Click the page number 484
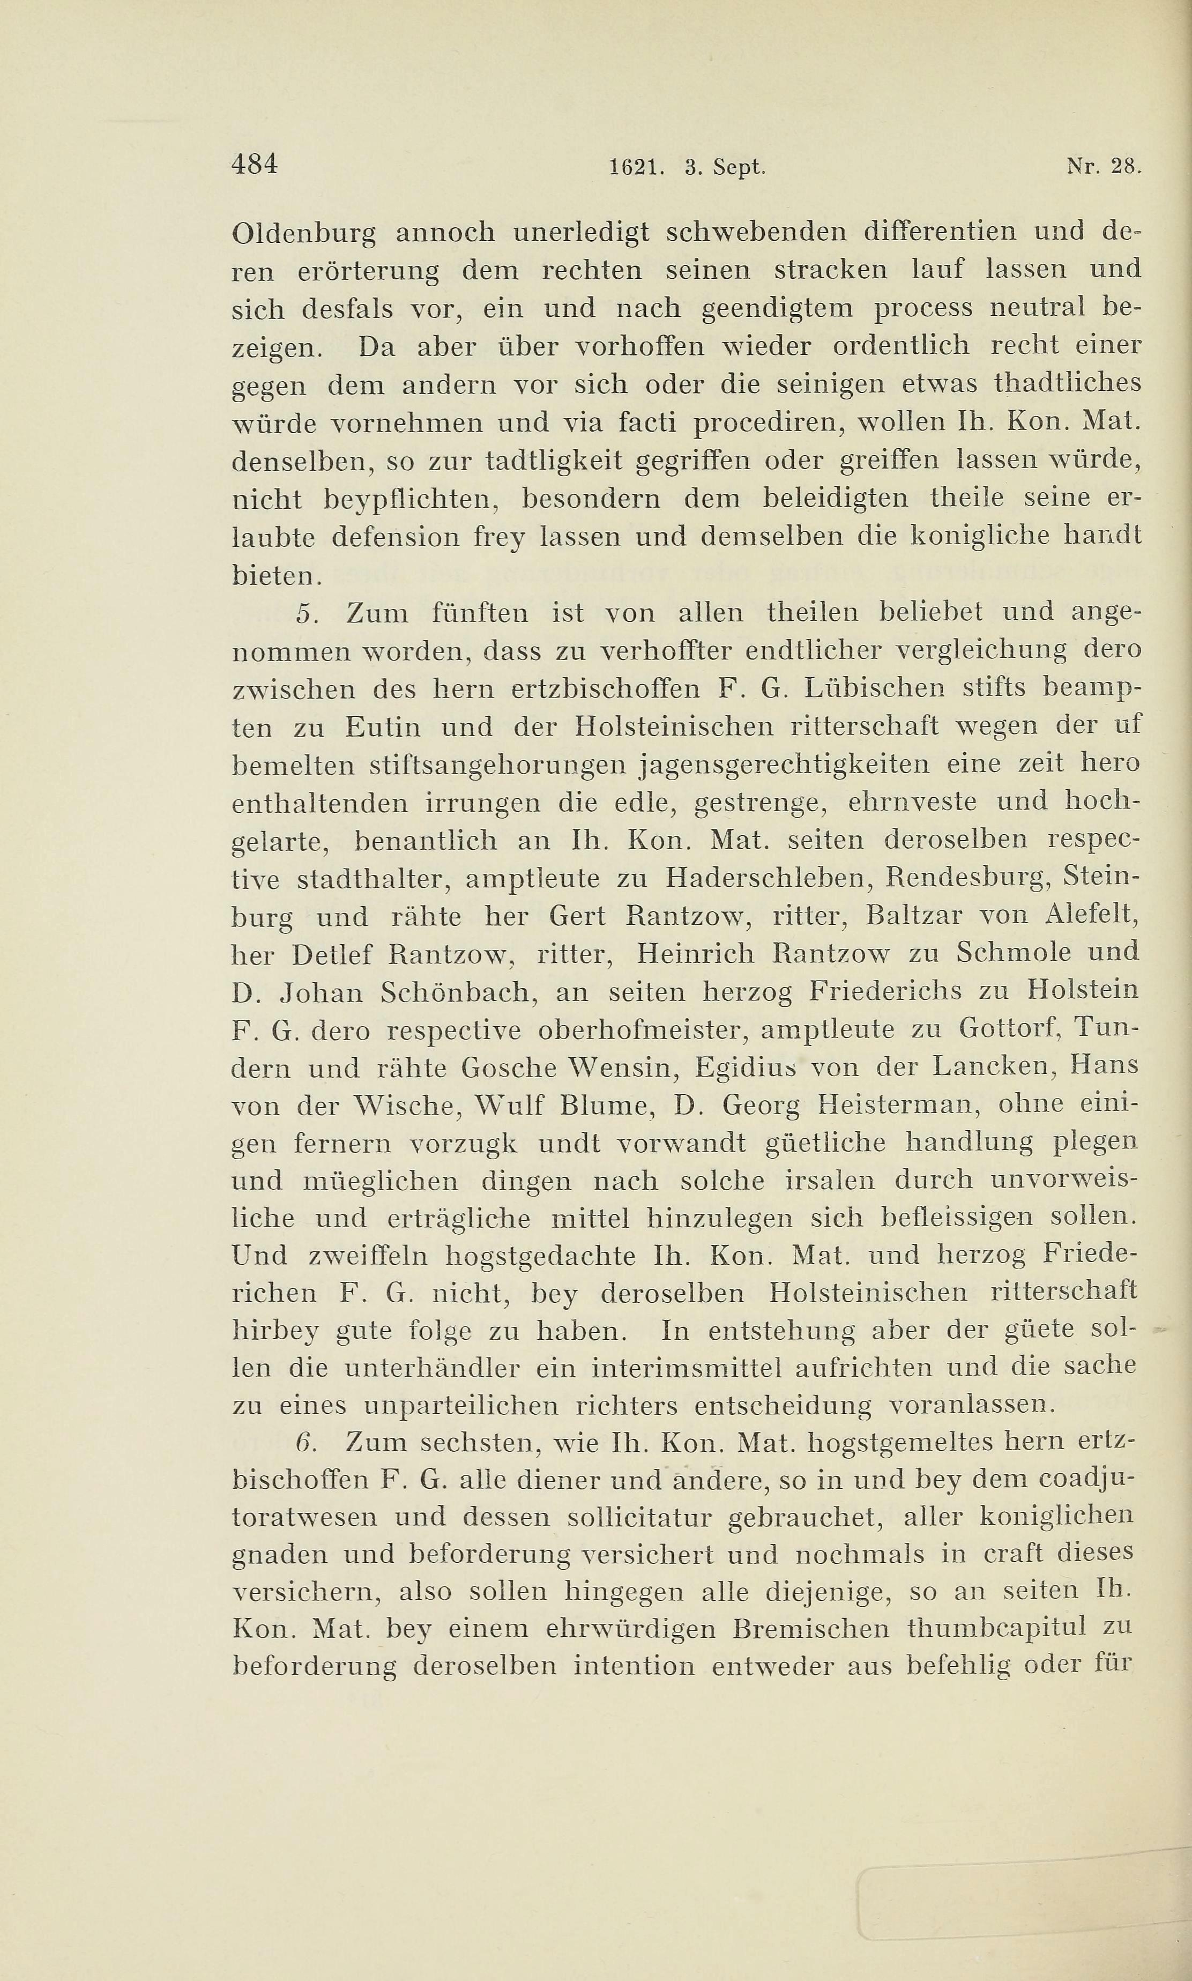point(254,164)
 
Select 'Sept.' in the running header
point(736,168)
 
